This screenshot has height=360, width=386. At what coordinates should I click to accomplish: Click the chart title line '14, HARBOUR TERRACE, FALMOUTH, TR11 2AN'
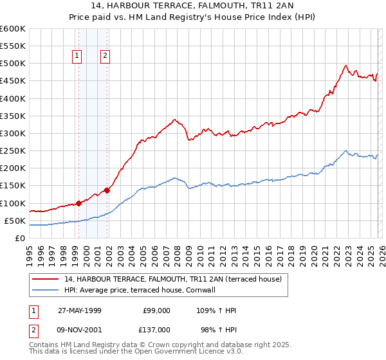pyautogui.click(x=192, y=6)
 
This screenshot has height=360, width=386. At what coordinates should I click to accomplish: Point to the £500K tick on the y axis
pyautogui.click(x=13, y=64)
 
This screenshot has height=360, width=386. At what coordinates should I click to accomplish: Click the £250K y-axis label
pyautogui.click(x=13, y=150)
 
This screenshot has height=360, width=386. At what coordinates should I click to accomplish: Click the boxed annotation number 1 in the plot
pyautogui.click(x=77, y=56)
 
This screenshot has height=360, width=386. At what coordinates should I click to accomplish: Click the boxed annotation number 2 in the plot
pyautogui.click(x=104, y=56)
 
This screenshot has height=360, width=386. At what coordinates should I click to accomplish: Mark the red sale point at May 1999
pyautogui.click(x=79, y=203)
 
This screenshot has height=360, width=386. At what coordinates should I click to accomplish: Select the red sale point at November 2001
pyautogui.click(x=107, y=190)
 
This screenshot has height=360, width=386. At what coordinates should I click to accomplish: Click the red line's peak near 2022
pyautogui.click(x=346, y=65)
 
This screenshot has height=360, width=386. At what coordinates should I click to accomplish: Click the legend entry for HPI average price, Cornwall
pyautogui.click(x=143, y=290)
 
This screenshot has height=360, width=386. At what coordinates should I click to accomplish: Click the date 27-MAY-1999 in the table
pyautogui.click(x=80, y=310)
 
